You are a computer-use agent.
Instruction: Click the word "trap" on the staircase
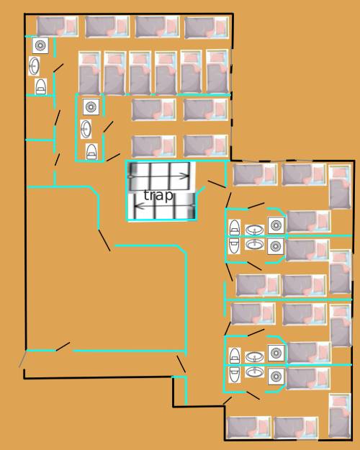(158, 195)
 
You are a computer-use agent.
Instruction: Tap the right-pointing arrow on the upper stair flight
(159, 176)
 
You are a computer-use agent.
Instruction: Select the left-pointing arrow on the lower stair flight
(164, 206)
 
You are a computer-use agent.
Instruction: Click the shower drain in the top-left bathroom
(40, 45)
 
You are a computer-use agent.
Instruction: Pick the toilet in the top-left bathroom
(40, 86)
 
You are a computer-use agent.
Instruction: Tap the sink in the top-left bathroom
(34, 66)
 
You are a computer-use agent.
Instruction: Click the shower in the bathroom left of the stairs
(91, 107)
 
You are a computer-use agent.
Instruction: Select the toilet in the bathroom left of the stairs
(91, 151)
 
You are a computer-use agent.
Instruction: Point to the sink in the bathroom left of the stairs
(86, 129)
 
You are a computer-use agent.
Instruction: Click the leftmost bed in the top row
(58, 27)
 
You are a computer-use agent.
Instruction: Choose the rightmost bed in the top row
(207, 27)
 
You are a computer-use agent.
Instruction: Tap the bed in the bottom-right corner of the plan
(340, 415)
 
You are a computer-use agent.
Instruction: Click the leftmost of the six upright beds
(89, 73)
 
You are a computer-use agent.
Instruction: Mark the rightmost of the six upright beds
(217, 72)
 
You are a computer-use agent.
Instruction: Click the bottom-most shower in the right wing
(276, 377)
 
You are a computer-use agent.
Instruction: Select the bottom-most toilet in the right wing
(235, 374)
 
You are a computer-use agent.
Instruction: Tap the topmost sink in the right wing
(254, 230)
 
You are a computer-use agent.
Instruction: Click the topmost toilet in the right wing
(235, 228)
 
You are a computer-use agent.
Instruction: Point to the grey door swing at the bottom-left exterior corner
(22, 359)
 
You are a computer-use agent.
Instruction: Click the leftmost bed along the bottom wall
(249, 428)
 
